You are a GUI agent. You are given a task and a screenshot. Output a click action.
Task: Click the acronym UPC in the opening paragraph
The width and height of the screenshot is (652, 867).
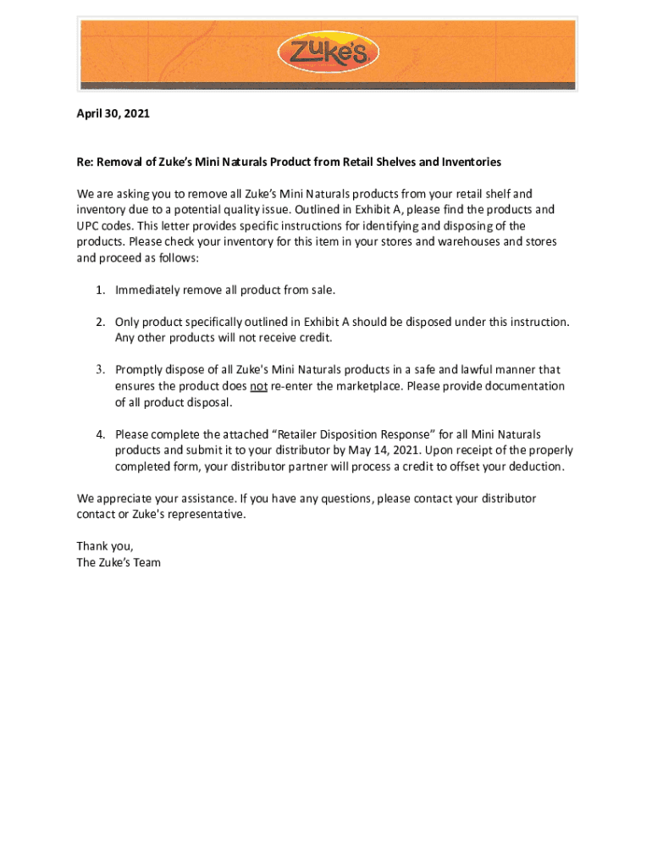point(89,226)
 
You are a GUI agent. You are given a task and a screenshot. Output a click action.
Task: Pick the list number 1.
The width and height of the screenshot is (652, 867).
point(99,290)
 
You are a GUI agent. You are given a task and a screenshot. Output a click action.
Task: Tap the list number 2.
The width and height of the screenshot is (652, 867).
point(99,323)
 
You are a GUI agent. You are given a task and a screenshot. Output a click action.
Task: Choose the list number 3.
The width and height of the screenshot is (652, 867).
point(99,370)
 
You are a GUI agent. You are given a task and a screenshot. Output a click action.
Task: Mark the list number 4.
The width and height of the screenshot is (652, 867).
point(99,434)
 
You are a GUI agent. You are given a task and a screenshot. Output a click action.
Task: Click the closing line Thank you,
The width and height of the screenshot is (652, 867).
point(105,546)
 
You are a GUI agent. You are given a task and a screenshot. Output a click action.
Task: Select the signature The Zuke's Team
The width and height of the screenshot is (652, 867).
point(119,562)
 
